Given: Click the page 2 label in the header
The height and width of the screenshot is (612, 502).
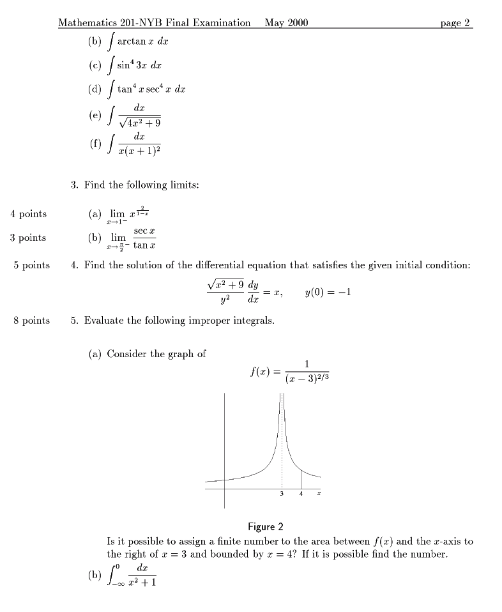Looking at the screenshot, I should (455, 23).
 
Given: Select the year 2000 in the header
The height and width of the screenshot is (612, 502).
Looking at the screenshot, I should (296, 23).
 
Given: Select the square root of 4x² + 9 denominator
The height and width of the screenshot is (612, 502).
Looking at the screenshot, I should (139, 120).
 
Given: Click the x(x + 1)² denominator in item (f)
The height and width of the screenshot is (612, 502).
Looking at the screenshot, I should (139, 151).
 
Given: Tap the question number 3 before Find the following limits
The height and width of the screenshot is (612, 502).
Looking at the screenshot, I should (75, 185).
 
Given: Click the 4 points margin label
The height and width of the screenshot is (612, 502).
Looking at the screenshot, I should (28, 214).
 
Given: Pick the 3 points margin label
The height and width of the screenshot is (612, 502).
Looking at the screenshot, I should (28, 238).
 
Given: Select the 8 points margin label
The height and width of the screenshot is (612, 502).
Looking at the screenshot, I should (31, 321).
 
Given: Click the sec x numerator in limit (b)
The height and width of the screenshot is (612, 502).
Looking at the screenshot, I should (141, 231).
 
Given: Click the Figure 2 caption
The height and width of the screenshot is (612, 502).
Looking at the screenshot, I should (265, 527).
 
